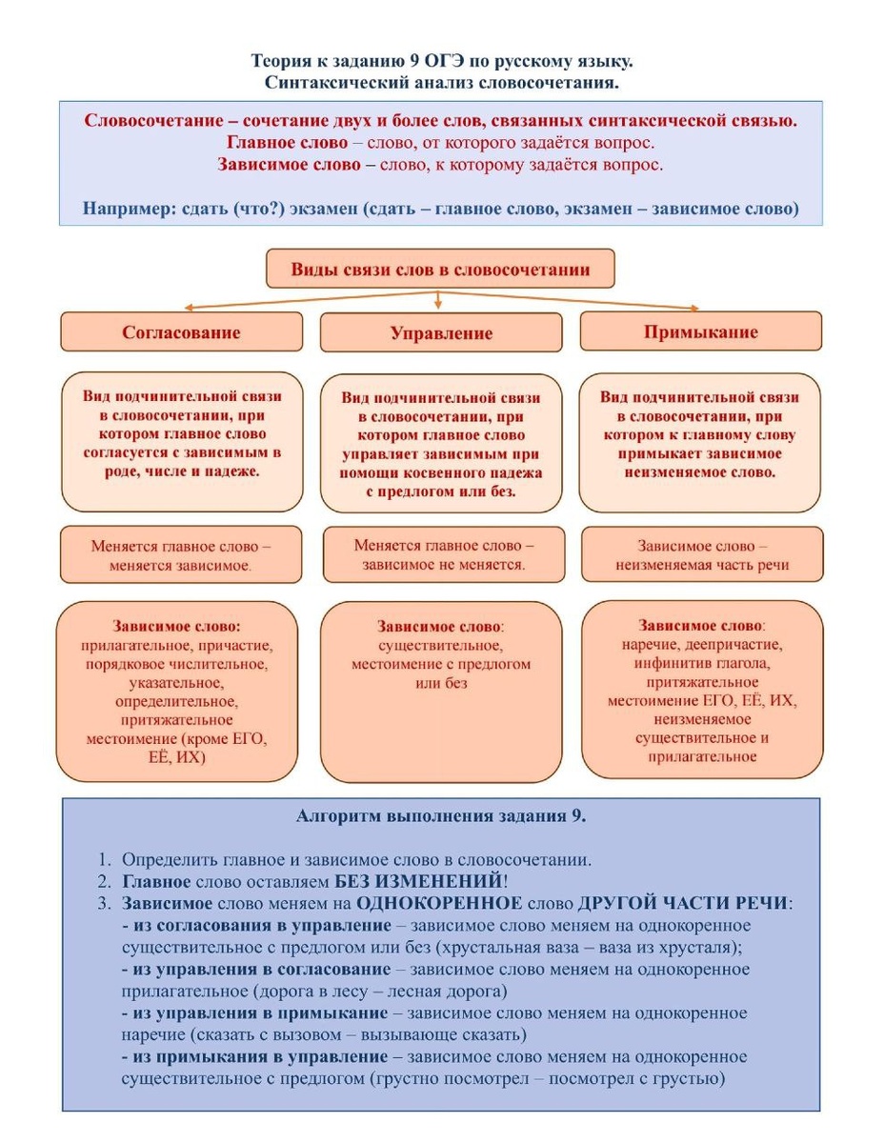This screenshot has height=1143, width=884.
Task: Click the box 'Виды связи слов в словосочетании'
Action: [x=439, y=270]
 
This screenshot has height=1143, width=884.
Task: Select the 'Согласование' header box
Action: [x=181, y=332]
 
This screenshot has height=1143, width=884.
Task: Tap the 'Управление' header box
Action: [x=441, y=333]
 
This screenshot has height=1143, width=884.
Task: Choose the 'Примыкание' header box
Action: [x=700, y=332]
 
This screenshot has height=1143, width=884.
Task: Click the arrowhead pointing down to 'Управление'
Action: [x=438, y=304]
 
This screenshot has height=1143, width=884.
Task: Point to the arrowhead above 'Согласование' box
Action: [x=189, y=308]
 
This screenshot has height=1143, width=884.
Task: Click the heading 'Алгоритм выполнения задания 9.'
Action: [x=441, y=816]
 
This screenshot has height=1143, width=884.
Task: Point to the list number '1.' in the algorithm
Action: [x=105, y=859]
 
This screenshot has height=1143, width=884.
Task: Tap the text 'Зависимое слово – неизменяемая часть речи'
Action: [x=700, y=556]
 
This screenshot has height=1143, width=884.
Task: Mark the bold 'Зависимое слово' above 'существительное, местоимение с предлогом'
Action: [x=439, y=627]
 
